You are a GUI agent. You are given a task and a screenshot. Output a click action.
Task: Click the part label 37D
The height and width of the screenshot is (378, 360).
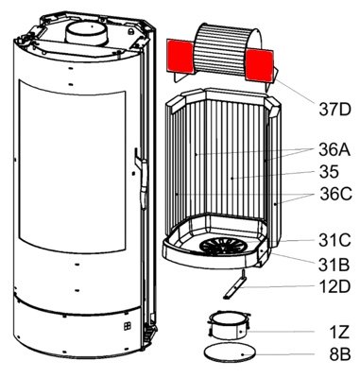tap(334, 110)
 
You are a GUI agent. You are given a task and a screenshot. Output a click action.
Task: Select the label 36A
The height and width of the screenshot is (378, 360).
tap(334, 150)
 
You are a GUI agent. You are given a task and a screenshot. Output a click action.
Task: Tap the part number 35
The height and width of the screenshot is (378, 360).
tap(329, 172)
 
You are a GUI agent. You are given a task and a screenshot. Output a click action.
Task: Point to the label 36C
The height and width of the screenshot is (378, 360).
tap(335, 194)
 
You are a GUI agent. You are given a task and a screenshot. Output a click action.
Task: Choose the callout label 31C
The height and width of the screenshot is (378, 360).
tap(334, 241)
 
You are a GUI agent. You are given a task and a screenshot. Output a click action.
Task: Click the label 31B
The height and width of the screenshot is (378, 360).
tap(334, 265)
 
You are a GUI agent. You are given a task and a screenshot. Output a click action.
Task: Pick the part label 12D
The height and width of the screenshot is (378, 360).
tap(334, 286)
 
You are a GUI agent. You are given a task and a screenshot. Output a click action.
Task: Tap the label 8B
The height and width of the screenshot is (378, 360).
tap(340, 354)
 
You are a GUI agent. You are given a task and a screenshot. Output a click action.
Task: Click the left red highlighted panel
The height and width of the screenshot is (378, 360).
tap(180, 56)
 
